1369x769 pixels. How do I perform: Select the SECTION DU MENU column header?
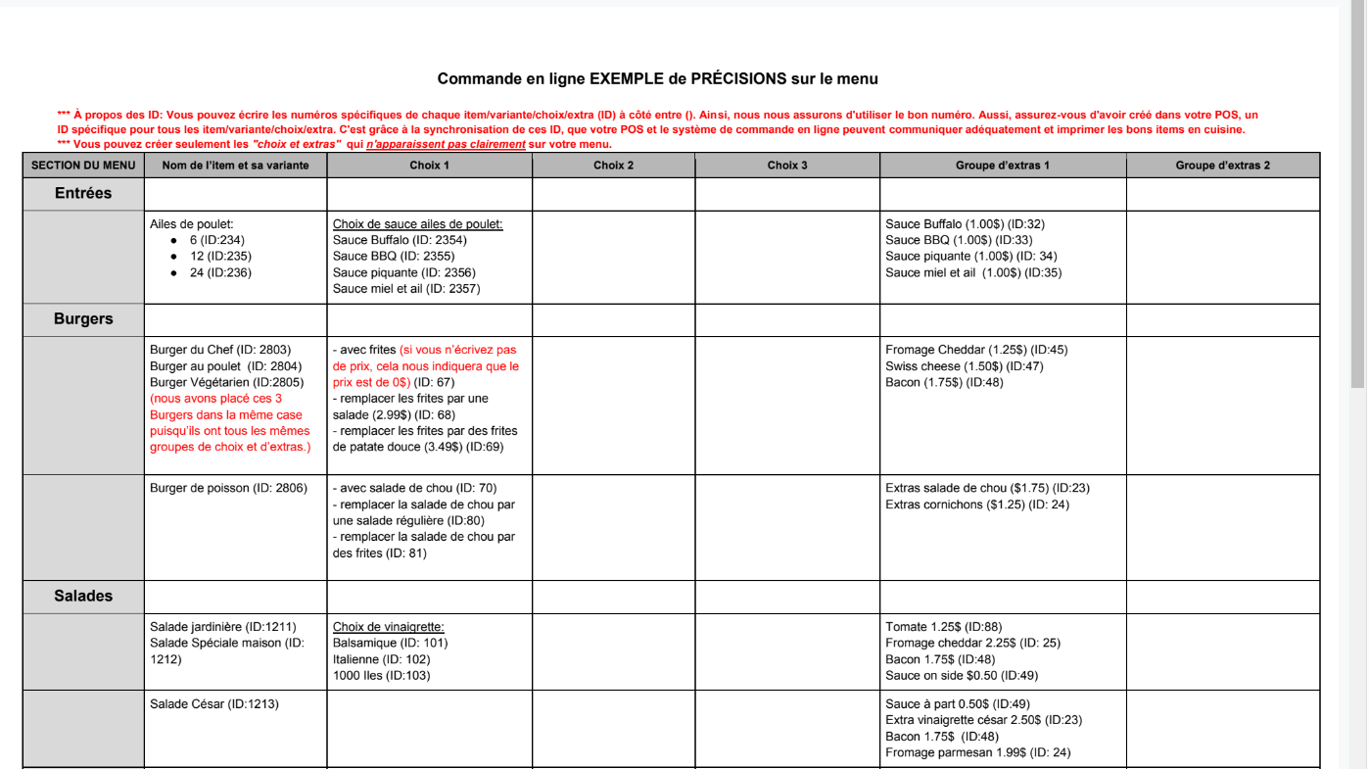point(83,166)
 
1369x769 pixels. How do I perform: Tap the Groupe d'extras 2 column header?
point(1222,166)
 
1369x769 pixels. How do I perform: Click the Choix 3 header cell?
point(786,166)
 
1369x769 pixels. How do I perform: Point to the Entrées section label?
point(83,193)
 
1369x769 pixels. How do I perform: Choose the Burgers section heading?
point(83,318)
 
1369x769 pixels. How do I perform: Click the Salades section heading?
point(83,596)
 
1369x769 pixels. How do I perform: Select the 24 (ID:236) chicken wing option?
point(220,272)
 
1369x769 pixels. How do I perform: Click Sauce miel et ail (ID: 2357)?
point(406,288)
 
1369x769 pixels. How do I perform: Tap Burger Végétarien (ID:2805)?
point(226,382)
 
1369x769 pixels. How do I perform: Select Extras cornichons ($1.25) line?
point(976,505)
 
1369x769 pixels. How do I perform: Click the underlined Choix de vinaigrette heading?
point(388,627)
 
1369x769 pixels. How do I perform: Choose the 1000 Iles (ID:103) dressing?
point(381,675)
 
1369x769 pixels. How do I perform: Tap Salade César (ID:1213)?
point(213,703)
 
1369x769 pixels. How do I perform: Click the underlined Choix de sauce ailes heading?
point(417,224)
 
